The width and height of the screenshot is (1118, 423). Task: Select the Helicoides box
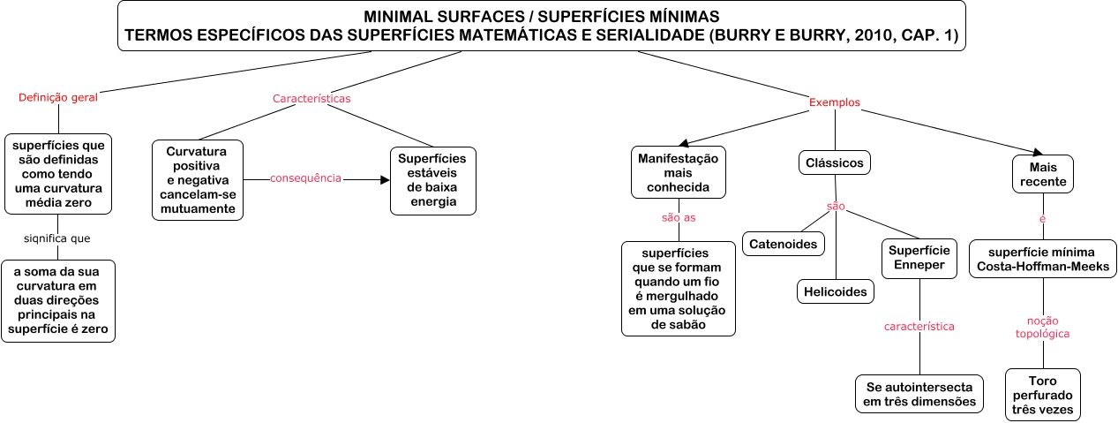[835, 291]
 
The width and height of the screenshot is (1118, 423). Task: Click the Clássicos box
[835, 162]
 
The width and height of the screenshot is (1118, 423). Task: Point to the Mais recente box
[1042, 174]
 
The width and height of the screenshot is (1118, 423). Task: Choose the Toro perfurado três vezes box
[1042, 394]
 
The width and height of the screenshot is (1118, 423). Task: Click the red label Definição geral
[58, 98]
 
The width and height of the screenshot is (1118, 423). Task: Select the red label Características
[311, 98]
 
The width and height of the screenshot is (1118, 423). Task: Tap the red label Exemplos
[834, 102]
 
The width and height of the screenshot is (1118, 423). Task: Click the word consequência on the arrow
[305, 178]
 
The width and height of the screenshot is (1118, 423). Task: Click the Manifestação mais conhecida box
[678, 172]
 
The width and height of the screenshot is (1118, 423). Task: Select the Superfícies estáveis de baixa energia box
[433, 180]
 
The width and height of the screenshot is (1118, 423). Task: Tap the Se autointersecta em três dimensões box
[920, 394]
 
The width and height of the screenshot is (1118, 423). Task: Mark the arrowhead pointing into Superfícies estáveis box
[384, 179]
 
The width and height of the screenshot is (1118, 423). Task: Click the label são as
[679, 217]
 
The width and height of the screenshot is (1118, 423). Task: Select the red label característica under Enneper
[919, 327]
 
